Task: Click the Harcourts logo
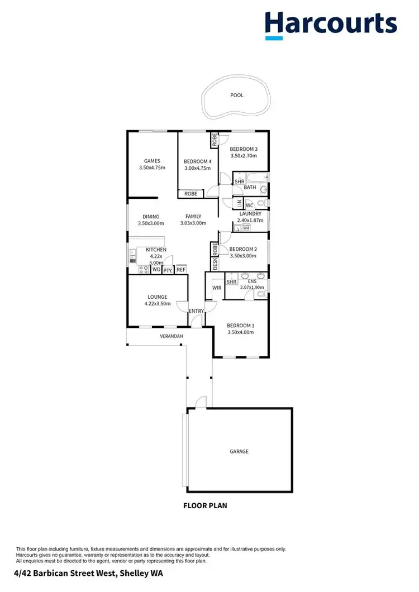331,25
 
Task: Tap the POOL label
237,96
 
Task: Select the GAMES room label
152,161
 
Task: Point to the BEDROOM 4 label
197,162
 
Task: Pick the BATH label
250,188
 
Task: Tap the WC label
250,205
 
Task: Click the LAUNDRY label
250,214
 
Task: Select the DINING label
151,217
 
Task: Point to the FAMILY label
193,217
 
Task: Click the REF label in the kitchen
180,270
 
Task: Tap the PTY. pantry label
168,270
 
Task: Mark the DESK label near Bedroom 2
215,263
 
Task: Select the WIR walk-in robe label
217,288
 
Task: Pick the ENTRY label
196,311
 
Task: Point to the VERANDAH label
172,336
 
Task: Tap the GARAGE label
239,451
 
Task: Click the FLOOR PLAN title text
206,506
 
